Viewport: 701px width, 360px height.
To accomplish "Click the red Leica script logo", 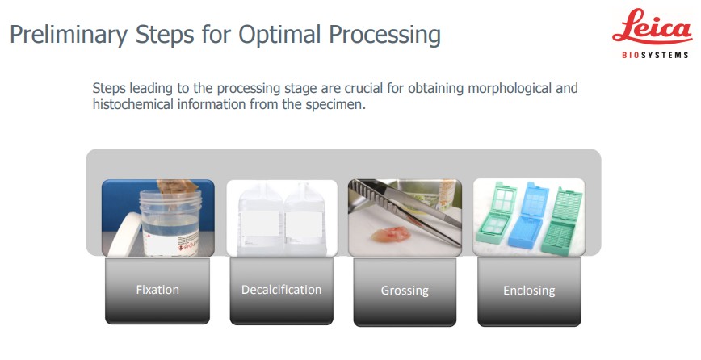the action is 652,27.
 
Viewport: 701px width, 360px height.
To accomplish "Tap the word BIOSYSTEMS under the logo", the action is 655,56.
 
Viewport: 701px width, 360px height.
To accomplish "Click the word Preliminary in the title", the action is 69,36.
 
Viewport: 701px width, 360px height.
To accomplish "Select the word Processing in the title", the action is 384,36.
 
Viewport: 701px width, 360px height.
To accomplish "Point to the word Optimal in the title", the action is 279,34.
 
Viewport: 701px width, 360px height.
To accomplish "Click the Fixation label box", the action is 157,291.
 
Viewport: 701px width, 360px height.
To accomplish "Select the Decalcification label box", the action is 282,291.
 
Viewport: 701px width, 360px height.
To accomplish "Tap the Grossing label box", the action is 405,291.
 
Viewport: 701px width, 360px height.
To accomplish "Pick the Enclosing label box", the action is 529,291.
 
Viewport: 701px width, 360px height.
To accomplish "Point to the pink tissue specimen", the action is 392,234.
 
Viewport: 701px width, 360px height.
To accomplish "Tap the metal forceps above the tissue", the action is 405,211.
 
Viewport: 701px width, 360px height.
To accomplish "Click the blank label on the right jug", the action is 304,224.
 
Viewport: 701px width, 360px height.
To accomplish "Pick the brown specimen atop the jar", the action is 177,187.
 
